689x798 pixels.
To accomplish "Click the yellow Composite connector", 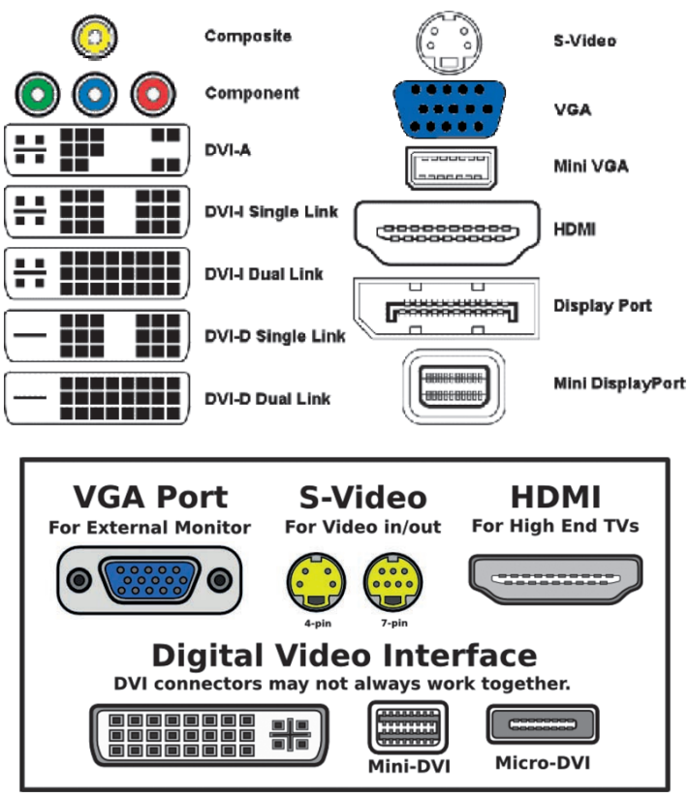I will pos(94,37).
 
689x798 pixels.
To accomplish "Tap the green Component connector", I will pos(35,95).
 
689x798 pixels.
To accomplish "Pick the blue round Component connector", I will pos(94,95).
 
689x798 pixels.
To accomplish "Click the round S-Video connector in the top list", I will pos(449,42).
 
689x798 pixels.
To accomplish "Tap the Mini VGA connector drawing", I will pos(450,168).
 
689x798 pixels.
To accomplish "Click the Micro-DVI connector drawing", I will pos(542,725).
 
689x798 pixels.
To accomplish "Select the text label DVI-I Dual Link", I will pos(263,273).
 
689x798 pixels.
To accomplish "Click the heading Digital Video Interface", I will pos(344,656).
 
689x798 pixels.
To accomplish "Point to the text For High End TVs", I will pos(554,527).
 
